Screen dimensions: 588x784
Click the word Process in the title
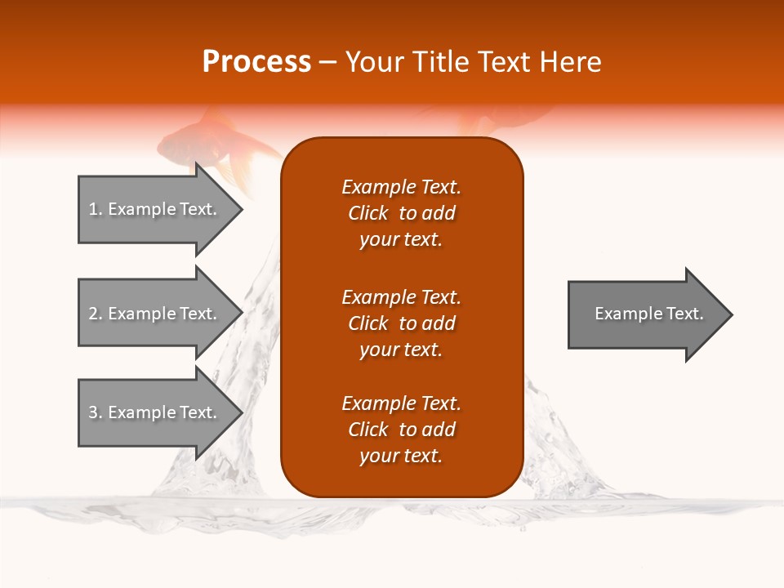click(x=256, y=61)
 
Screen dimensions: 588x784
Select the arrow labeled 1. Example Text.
click(x=155, y=209)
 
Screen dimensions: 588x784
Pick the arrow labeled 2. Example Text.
click(x=155, y=314)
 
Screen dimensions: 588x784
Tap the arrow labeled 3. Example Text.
click(x=155, y=412)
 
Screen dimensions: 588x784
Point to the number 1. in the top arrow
click(x=95, y=209)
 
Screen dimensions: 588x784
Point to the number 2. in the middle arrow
click(x=95, y=314)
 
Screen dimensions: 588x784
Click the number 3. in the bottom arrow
click(x=95, y=412)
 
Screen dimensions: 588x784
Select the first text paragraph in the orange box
click(x=401, y=213)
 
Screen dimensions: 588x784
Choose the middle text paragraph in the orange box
click(x=401, y=323)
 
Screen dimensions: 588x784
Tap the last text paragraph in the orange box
click(x=401, y=430)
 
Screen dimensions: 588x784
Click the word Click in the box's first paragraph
click(x=368, y=213)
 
